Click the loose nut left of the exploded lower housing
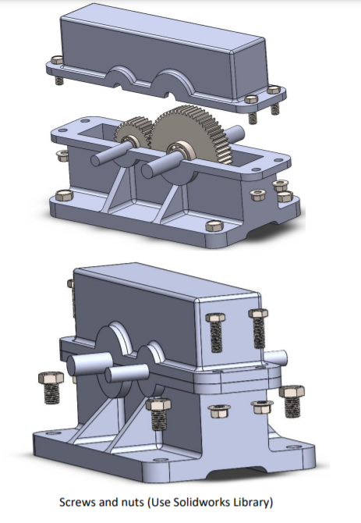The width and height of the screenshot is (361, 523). coord(63,155)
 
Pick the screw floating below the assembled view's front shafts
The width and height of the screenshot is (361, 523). coord(158,414)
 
